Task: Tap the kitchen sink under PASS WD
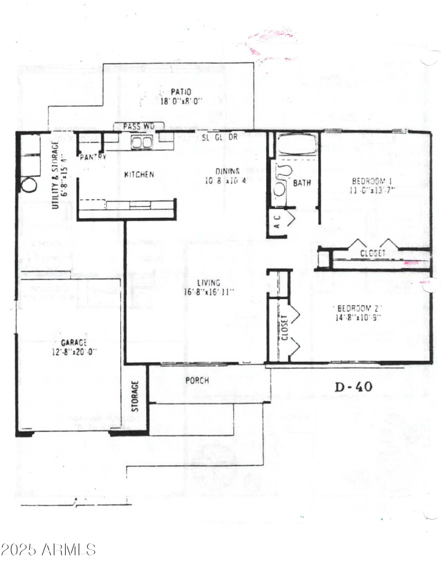point(142,143)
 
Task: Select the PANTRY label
point(93,157)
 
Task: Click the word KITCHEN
point(139,175)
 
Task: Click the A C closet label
point(278,222)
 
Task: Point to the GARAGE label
point(74,342)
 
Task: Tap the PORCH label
point(197,380)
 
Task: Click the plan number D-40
point(353,386)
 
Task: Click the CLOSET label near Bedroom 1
point(374,254)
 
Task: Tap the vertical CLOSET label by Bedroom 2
point(285,329)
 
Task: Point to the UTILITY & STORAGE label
point(56,175)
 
